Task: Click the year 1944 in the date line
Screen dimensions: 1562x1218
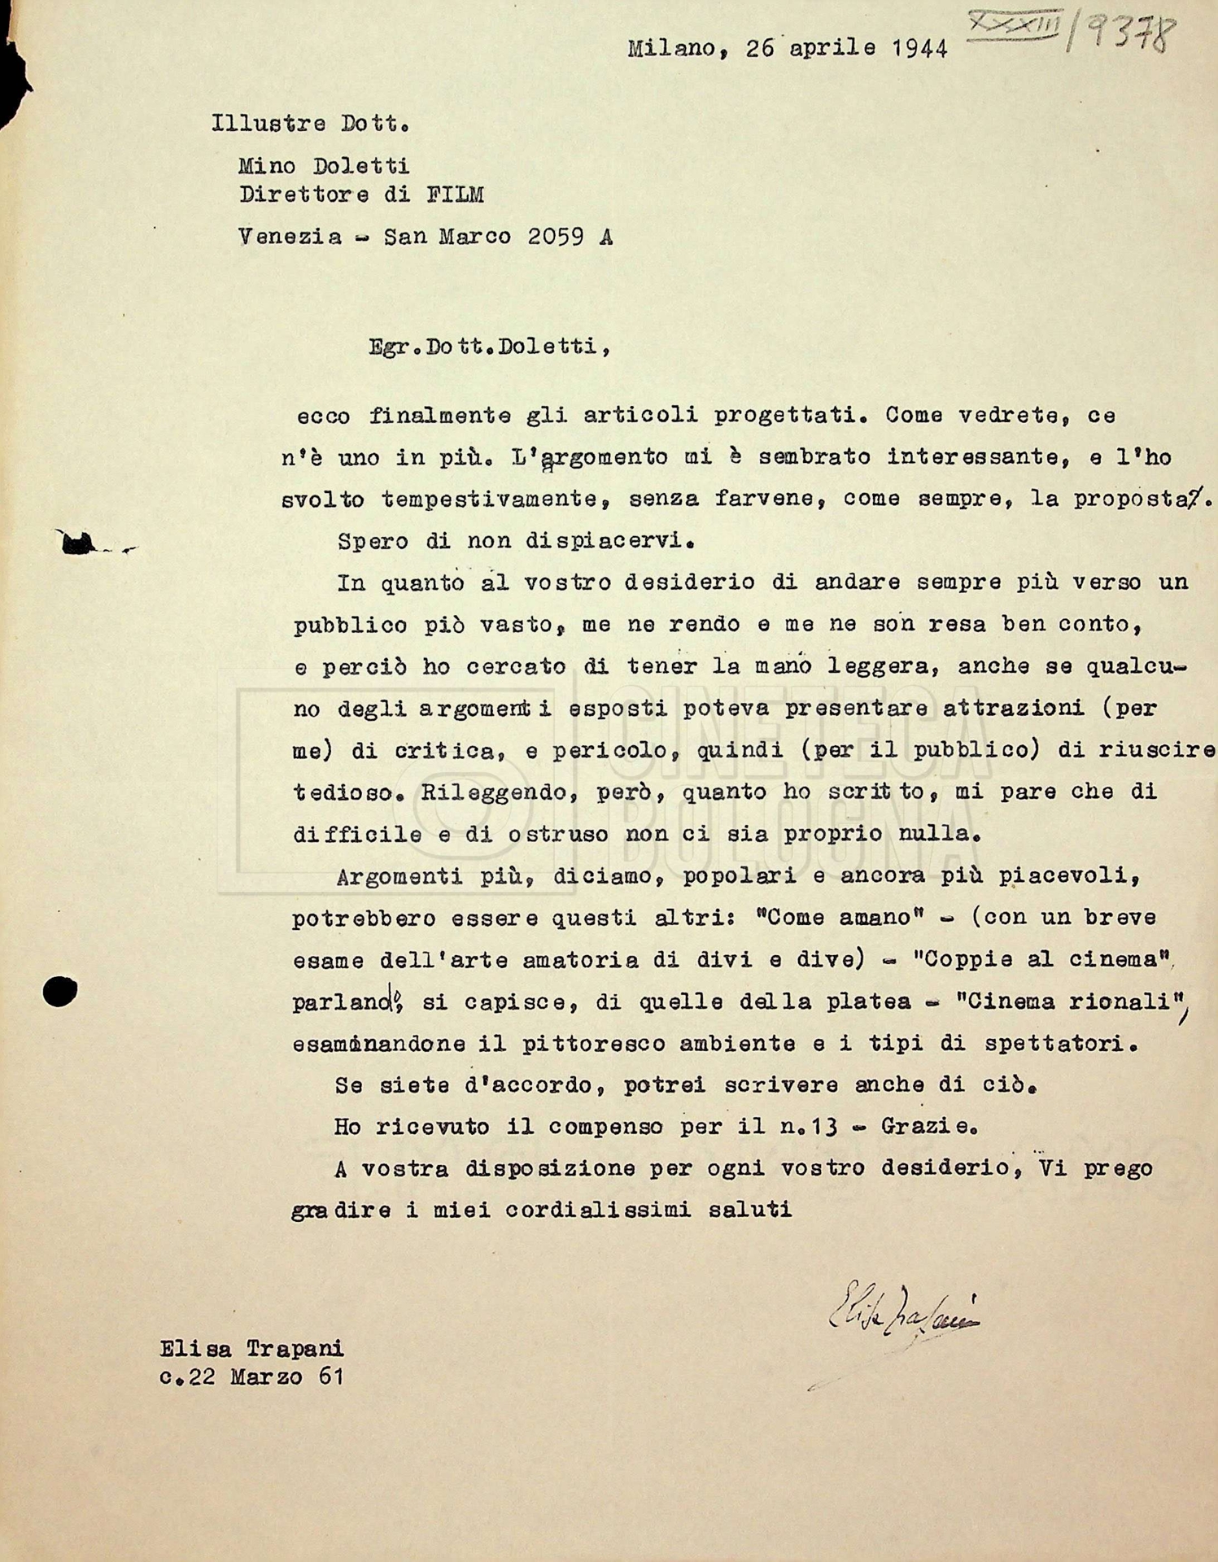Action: point(919,48)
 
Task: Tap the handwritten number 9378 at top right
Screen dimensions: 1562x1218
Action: point(1133,34)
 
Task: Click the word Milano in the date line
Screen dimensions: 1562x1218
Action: point(671,49)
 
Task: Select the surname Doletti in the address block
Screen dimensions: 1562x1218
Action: point(361,166)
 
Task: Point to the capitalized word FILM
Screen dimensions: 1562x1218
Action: point(454,194)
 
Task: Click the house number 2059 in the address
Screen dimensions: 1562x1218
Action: point(556,237)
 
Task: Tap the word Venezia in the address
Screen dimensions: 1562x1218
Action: point(290,237)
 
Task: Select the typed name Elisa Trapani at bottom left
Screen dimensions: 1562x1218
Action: point(251,1348)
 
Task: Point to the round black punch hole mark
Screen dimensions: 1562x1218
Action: point(59,990)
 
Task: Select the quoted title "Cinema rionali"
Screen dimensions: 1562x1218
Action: point(1068,1001)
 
